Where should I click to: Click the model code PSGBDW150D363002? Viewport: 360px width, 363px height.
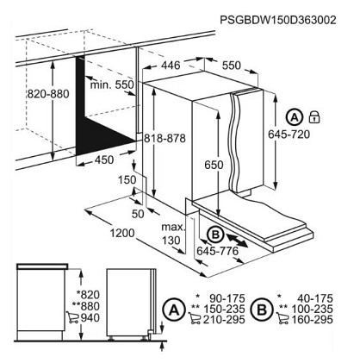(277, 20)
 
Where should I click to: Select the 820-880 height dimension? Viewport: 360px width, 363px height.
(48, 94)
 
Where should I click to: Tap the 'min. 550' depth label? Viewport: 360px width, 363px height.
(112, 84)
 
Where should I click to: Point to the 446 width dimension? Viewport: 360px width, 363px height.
(171, 66)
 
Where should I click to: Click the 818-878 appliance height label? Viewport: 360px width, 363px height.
(164, 139)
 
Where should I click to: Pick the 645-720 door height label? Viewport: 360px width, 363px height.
(289, 135)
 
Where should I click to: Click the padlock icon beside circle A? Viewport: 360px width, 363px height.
(314, 117)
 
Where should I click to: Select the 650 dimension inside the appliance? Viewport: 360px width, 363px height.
(214, 165)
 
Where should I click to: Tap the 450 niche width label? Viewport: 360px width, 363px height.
(104, 160)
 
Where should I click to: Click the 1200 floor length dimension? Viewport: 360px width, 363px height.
(122, 233)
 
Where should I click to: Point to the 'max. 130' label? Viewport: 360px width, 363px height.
(173, 234)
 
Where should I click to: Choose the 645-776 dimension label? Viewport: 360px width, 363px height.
(217, 251)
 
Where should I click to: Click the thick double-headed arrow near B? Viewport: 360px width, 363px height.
(237, 241)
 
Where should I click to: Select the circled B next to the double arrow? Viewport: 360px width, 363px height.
(215, 235)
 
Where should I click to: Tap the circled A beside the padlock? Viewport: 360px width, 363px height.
(295, 117)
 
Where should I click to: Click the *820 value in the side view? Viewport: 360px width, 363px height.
(88, 295)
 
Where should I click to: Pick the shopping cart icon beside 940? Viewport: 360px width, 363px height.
(72, 317)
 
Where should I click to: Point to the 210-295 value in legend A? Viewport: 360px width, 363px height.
(224, 320)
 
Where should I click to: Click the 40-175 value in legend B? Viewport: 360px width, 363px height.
(315, 298)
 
